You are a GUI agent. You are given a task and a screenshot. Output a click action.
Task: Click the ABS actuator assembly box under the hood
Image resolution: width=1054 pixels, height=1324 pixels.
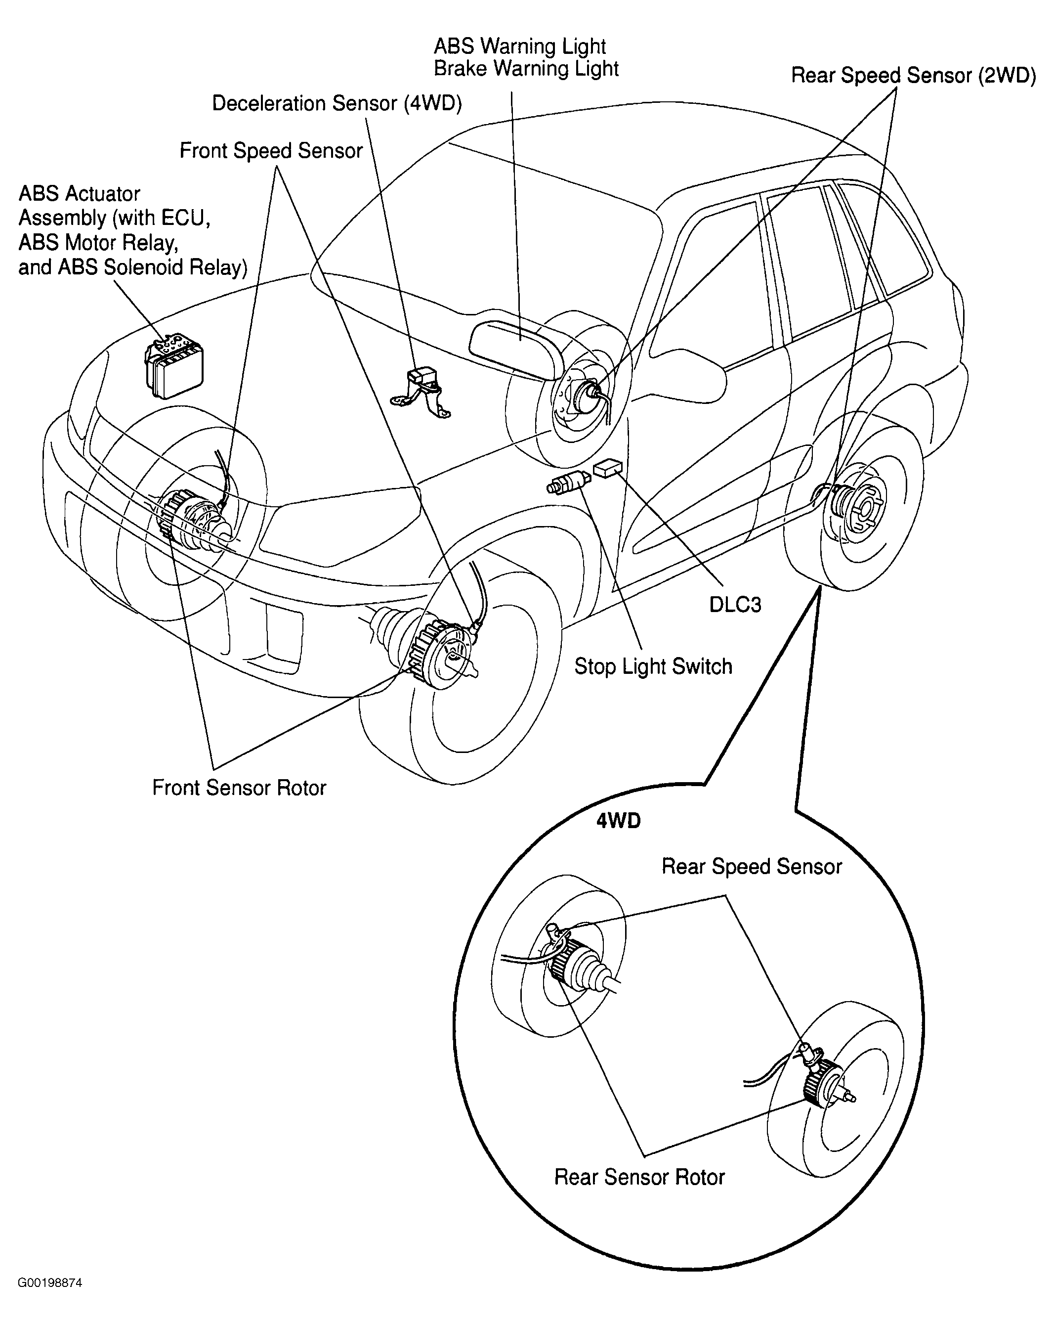tap(174, 367)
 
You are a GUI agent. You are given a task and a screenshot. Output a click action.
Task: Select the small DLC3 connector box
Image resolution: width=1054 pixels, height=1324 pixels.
tap(608, 468)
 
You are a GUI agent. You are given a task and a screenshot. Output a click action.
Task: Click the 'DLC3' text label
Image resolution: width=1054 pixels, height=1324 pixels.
tap(735, 605)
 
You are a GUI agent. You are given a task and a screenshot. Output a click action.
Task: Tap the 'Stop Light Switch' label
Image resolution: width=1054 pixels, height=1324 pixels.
tap(653, 667)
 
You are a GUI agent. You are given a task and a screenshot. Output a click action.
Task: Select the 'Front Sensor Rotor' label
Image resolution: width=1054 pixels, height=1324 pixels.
tap(239, 788)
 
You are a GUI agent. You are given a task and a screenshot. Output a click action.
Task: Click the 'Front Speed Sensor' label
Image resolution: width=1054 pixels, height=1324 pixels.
tap(271, 150)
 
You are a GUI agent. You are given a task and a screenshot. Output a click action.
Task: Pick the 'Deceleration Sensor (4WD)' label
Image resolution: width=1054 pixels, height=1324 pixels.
tap(337, 103)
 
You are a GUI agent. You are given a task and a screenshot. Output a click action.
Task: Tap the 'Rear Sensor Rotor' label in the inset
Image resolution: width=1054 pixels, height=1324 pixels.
tap(639, 1177)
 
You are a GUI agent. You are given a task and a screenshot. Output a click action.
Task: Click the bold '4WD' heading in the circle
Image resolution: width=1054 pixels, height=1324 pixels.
tap(618, 821)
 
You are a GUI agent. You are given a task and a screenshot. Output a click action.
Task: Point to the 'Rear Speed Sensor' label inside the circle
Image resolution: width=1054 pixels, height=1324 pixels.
tap(752, 867)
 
